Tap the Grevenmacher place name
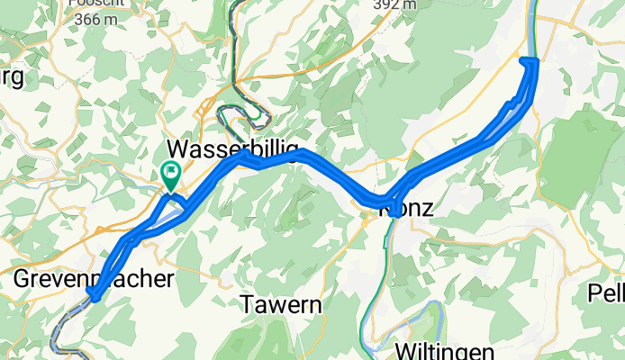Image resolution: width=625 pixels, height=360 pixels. coord(94,279)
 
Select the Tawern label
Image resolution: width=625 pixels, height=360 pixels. coord(281,306)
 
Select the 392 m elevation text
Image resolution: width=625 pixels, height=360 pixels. coord(394,4)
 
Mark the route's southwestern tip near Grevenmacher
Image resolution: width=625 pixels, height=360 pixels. coord(93,294)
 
